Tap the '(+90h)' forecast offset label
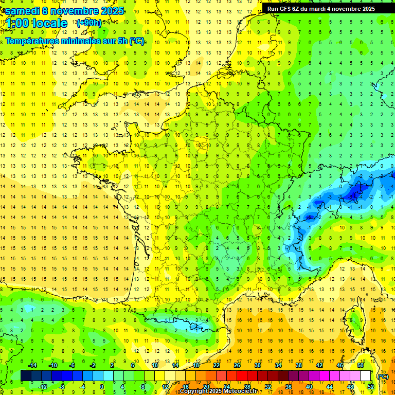click(88, 23)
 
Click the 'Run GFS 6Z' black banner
click(321, 8)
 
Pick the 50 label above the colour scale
click(361, 365)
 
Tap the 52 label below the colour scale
click(371, 387)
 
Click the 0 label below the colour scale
click(102, 387)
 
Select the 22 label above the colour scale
click(217, 365)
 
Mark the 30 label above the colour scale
click(258, 365)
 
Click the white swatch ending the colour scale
click(366, 376)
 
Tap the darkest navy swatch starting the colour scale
click(26, 376)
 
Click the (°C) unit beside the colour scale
click(383, 376)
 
